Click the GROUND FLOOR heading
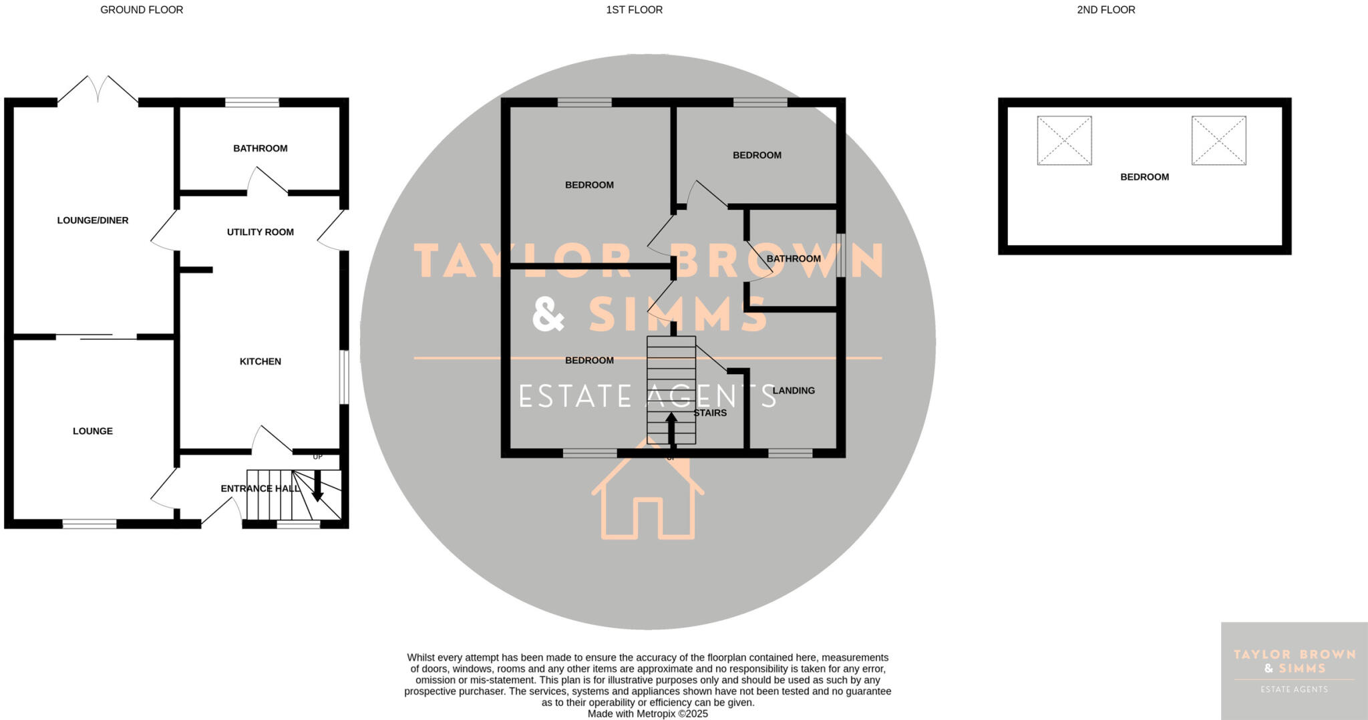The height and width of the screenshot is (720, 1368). point(142,10)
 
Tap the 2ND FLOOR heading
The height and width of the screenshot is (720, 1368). point(1105,10)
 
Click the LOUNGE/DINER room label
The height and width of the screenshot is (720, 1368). point(93,220)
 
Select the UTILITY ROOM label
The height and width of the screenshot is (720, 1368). point(260,232)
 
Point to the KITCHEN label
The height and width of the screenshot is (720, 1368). point(260,361)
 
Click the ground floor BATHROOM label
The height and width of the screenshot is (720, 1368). point(260,148)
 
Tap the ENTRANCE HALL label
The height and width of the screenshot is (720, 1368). point(260,488)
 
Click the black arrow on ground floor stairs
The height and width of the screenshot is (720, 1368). point(317,486)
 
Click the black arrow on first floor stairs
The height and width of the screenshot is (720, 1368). point(671,428)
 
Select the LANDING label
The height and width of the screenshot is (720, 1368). point(794,391)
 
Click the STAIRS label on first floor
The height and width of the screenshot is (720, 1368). point(710,413)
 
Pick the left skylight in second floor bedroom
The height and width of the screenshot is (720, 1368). point(1064,140)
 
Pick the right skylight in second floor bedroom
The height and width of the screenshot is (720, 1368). point(1218,140)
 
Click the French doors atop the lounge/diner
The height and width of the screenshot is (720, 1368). point(98,90)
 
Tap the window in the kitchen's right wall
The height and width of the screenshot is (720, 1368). point(344,377)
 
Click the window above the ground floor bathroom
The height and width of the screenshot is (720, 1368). point(252,102)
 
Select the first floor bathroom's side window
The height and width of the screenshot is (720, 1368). point(841,254)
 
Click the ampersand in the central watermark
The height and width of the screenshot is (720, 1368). point(548,315)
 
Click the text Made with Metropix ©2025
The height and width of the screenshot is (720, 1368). point(647,713)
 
